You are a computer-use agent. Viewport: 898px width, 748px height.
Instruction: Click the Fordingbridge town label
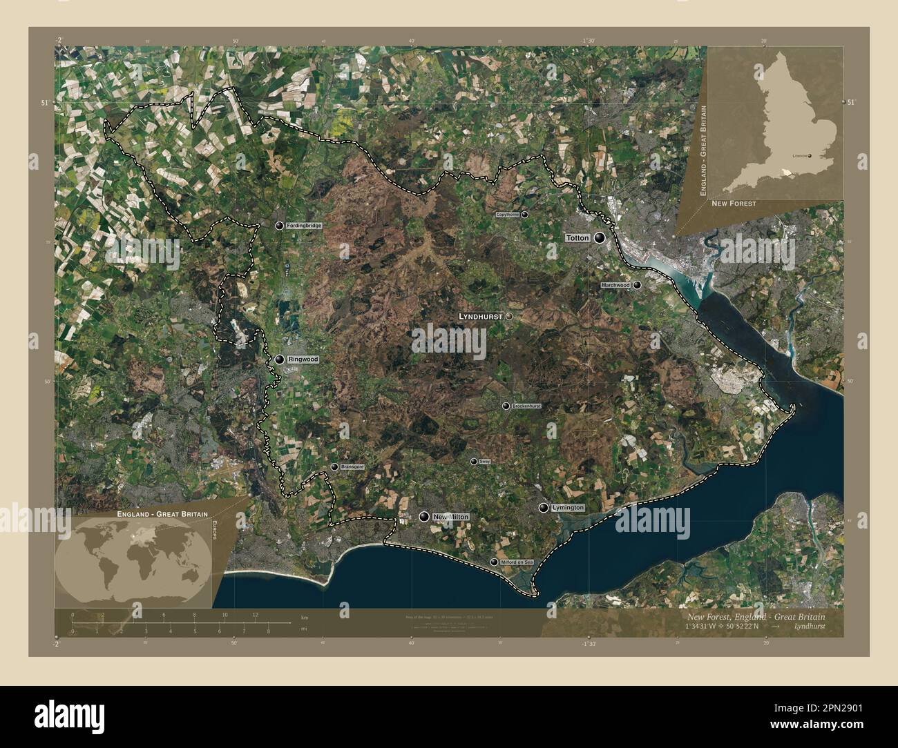tap(305, 226)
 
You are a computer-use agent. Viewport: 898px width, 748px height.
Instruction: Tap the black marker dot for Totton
tap(599, 238)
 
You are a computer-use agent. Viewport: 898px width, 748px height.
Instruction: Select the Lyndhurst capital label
tap(481, 316)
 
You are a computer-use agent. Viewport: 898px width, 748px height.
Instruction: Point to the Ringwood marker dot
tap(279, 360)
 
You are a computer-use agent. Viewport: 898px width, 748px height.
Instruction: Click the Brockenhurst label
tap(526, 406)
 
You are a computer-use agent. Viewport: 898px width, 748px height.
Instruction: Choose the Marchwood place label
tap(615, 285)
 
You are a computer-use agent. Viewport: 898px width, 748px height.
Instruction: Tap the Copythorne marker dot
tap(525, 215)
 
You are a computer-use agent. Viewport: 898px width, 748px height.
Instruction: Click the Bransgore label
tap(352, 467)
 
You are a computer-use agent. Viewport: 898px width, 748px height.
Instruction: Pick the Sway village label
tap(484, 462)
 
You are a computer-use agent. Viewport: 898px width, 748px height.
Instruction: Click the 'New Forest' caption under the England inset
tap(734, 204)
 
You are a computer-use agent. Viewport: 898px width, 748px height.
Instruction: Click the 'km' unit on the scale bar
tap(305, 616)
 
